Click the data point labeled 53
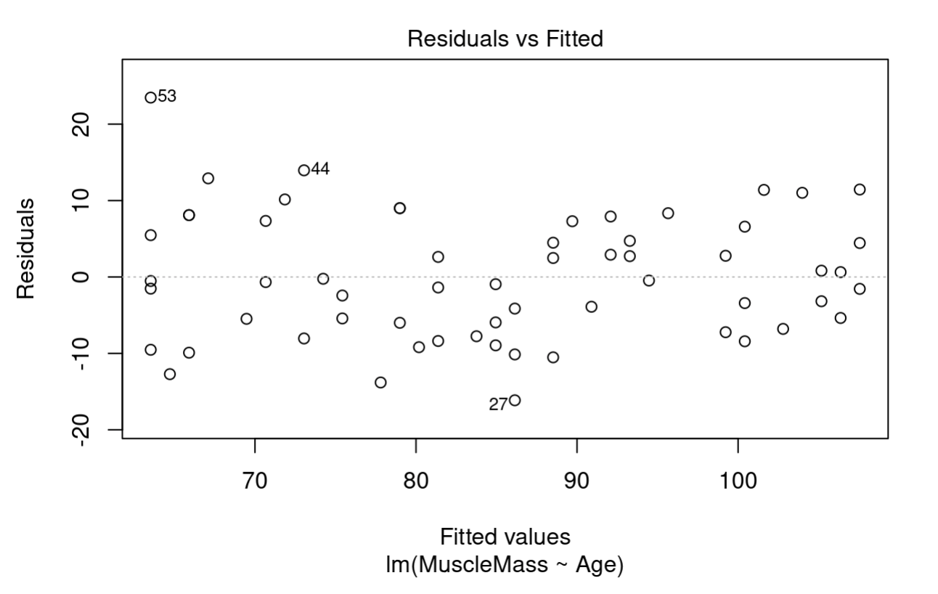(x=150, y=97)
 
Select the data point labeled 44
(x=303, y=170)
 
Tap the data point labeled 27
(x=515, y=400)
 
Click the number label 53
(x=167, y=96)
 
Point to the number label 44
(x=320, y=169)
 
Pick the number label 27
(x=498, y=405)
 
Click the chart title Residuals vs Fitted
(x=505, y=39)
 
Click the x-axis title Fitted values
(x=505, y=537)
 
